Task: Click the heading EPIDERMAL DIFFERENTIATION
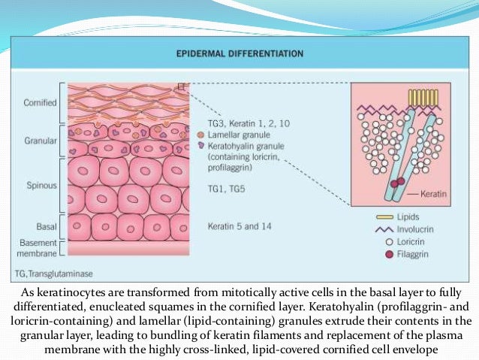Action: [x=239, y=54]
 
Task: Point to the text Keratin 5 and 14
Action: [x=235, y=225]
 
